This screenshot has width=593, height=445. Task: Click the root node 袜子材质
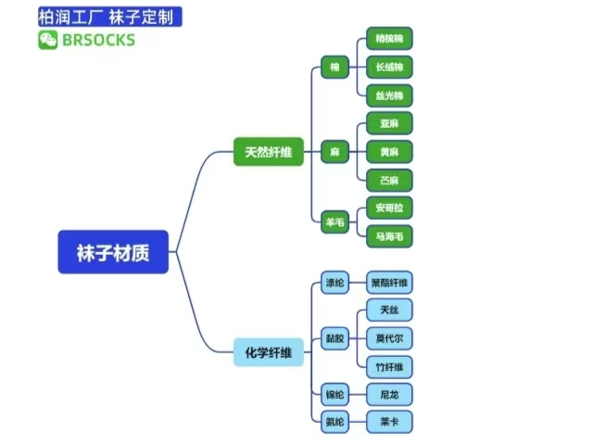click(113, 252)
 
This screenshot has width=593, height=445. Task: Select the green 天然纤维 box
click(268, 152)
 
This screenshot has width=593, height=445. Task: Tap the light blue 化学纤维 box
click(268, 352)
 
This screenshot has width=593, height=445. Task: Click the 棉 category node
click(334, 67)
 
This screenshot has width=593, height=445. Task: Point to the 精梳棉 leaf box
click(389, 39)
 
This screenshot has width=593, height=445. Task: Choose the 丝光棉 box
click(389, 95)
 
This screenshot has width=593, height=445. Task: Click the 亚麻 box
click(389, 122)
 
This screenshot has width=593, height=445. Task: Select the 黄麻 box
click(389, 151)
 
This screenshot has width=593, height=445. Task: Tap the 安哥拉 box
click(389, 207)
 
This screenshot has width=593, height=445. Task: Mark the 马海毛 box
click(389, 236)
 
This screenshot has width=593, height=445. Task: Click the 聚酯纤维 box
click(389, 283)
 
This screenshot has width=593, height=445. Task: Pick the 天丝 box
click(389, 310)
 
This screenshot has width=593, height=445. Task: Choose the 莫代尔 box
click(389, 337)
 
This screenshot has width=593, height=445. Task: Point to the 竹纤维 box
click(389, 367)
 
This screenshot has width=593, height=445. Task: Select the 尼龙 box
click(389, 395)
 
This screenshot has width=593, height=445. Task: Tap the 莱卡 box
click(389, 422)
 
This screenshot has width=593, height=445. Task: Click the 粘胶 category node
click(334, 338)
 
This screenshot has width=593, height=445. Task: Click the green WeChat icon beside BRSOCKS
click(47, 40)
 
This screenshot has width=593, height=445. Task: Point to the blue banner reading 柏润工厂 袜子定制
click(109, 17)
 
